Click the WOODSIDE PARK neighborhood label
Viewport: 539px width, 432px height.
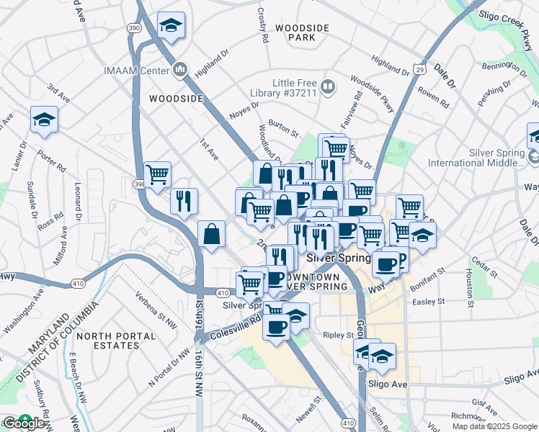point(302,32)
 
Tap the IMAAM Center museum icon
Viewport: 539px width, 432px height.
point(180,71)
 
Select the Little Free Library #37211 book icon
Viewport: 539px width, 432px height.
point(327,87)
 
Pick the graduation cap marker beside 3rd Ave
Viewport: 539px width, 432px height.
point(44,120)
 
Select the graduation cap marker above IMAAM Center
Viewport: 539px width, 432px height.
point(171,26)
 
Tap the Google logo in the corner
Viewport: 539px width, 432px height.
point(24,423)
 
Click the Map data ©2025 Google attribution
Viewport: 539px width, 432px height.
point(494,426)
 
